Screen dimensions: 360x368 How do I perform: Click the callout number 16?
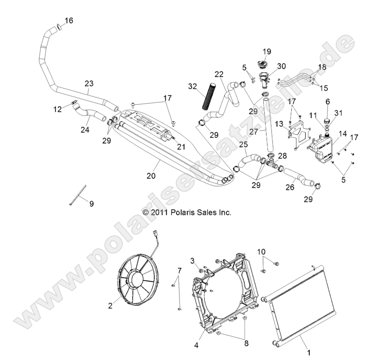[x=69, y=20]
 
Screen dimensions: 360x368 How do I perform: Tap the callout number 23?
[x=89, y=84]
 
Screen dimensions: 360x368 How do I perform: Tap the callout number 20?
[x=152, y=176]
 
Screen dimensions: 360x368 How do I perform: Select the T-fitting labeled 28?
[x=273, y=163]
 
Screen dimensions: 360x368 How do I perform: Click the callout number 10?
[x=261, y=252]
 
